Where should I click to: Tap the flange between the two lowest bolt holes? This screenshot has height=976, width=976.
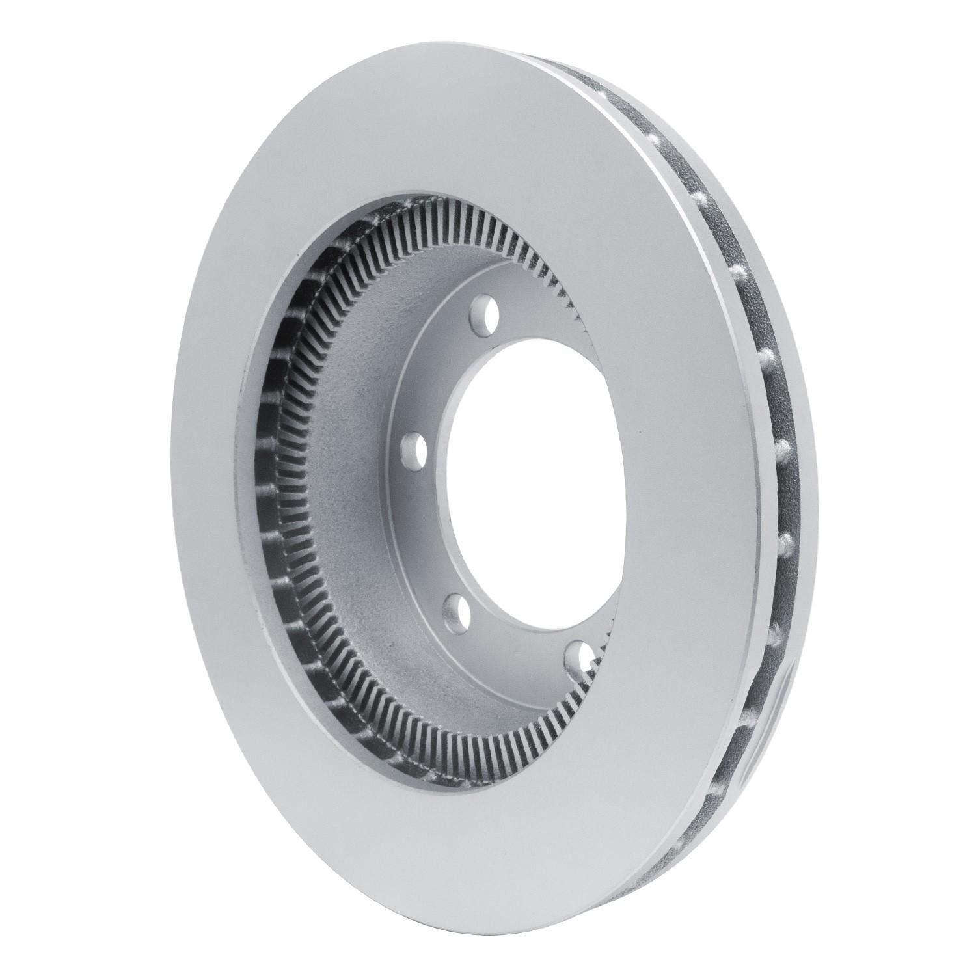pos(514,634)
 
